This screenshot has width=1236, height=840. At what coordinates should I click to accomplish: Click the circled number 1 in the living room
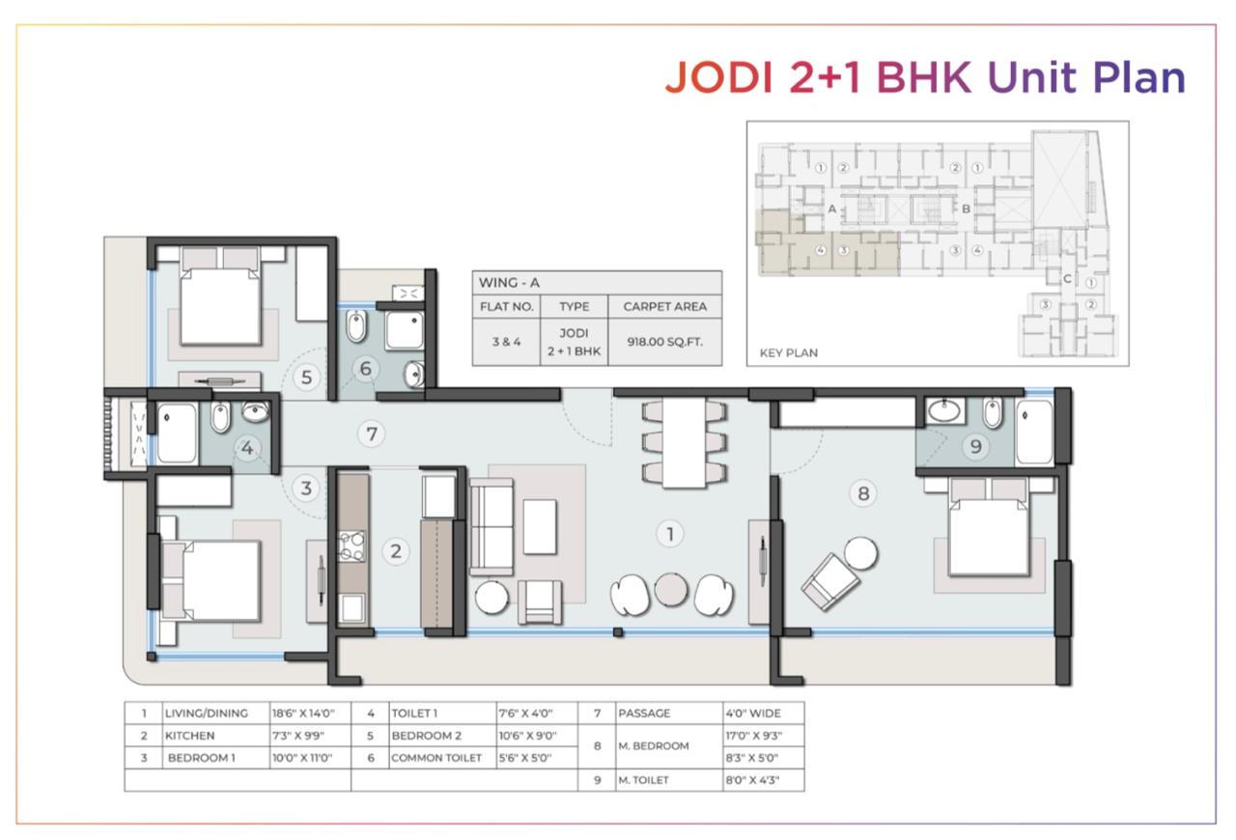pyautogui.click(x=670, y=534)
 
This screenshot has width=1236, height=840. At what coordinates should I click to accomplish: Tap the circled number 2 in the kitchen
pyautogui.click(x=396, y=550)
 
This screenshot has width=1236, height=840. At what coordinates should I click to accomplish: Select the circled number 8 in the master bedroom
pyautogui.click(x=863, y=492)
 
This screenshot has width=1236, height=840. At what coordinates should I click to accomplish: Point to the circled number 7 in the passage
pyautogui.click(x=372, y=434)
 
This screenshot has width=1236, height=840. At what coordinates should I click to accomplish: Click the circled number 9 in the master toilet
pyautogui.click(x=975, y=446)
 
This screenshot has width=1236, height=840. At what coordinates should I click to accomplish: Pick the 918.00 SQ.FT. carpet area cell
pyautogui.click(x=665, y=342)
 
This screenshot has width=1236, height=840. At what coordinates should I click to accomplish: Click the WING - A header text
pyautogui.click(x=509, y=283)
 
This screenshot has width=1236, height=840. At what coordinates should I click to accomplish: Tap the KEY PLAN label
pyautogui.click(x=789, y=352)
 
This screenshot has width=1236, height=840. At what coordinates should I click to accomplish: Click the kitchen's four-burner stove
pyautogui.click(x=351, y=546)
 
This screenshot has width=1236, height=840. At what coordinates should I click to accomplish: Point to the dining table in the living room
pyautogui.click(x=685, y=442)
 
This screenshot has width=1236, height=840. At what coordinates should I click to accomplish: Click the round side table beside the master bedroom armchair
pyautogui.click(x=860, y=553)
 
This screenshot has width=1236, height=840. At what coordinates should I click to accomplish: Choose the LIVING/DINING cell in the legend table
pyautogui.click(x=207, y=714)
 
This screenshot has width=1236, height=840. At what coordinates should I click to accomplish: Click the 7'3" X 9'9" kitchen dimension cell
pyautogui.click(x=298, y=736)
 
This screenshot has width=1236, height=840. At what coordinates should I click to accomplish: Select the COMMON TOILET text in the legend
pyautogui.click(x=436, y=758)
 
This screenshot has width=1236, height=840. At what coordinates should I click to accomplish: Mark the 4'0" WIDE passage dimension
pyautogui.click(x=753, y=714)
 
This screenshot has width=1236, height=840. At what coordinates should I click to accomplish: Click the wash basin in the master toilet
pyautogui.click(x=945, y=411)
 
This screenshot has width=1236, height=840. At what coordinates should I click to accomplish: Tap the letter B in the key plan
pyautogui.click(x=967, y=209)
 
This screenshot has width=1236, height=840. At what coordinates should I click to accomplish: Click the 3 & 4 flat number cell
pyautogui.click(x=507, y=342)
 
